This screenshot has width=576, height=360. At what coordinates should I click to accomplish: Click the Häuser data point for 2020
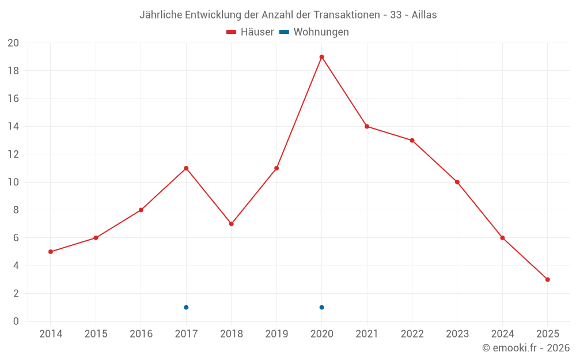321,57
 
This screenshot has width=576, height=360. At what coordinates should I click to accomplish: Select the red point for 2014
51,252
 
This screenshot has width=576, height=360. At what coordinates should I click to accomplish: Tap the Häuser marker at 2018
231,223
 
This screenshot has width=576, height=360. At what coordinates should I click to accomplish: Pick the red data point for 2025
547,279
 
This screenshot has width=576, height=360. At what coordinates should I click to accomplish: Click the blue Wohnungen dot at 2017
186,307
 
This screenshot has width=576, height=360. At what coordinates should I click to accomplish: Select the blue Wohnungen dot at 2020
321,307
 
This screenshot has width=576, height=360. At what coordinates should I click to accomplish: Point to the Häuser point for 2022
412,140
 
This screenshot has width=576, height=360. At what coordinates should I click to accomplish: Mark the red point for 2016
141,210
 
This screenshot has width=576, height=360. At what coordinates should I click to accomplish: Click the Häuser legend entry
250,32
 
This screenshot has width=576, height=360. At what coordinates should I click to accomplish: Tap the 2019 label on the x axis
276,334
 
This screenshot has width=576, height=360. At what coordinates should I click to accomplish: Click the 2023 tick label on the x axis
457,334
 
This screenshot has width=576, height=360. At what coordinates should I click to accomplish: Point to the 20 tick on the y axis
13,43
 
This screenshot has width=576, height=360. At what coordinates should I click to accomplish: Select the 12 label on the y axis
13,154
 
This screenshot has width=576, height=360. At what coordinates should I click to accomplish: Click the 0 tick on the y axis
16,321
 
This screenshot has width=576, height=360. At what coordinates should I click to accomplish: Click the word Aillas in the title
424,15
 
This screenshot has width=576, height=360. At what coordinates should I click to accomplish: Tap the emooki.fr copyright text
526,348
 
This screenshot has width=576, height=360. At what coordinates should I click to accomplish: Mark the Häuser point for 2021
367,126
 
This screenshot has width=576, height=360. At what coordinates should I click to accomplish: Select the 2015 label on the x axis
96,334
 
